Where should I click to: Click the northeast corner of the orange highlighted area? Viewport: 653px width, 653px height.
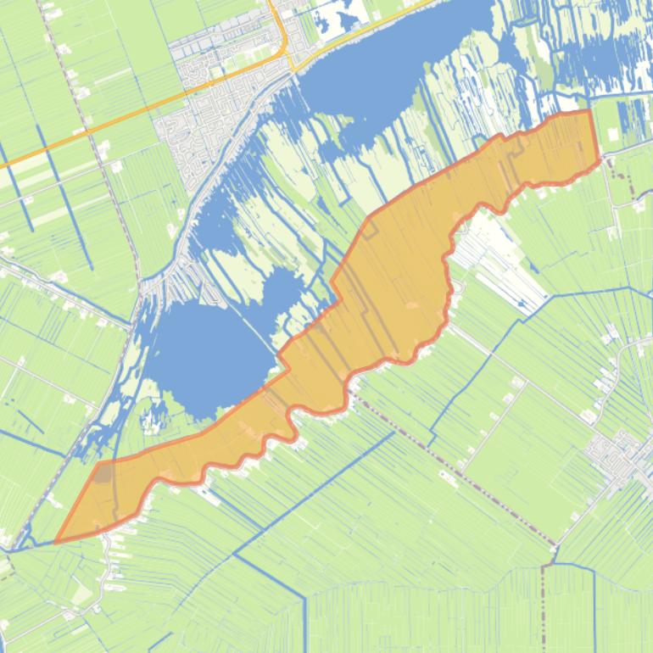click(x=589, y=111)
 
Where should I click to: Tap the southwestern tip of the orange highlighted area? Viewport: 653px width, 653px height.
click(x=57, y=542)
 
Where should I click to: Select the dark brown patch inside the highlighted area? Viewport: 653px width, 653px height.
click(x=103, y=472)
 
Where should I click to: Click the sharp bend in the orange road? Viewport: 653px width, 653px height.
click(x=284, y=38)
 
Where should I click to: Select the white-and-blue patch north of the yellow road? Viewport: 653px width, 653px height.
click(x=339, y=15)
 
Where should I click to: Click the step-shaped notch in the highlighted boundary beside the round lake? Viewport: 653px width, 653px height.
click(x=284, y=360)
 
